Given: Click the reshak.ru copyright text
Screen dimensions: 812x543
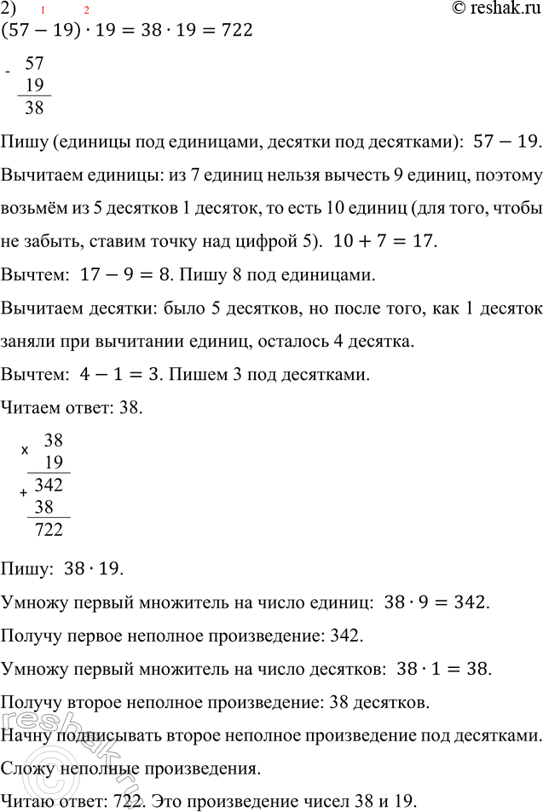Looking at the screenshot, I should pyautogui.click(x=487, y=9).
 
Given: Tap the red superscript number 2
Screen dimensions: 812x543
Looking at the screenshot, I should pyautogui.click(x=86, y=9).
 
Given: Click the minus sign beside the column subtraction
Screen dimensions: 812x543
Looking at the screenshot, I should pyautogui.click(x=7, y=72).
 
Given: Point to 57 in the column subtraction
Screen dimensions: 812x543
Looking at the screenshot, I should pyautogui.click(x=35, y=63).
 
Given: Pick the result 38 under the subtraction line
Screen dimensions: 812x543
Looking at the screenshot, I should pyautogui.click(x=35, y=107).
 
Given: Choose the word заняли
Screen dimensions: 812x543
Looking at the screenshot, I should pyautogui.click(x=30, y=341).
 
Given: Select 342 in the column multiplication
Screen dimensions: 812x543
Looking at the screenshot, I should pyautogui.click(x=48, y=486).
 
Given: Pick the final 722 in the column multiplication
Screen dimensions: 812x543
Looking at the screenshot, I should pyautogui.click(x=48, y=530).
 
